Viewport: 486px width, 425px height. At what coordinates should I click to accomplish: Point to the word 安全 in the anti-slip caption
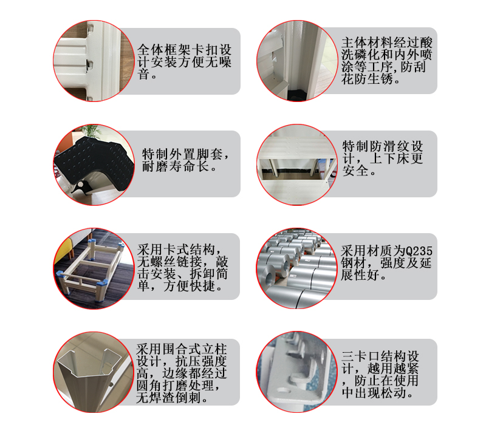[355, 171]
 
